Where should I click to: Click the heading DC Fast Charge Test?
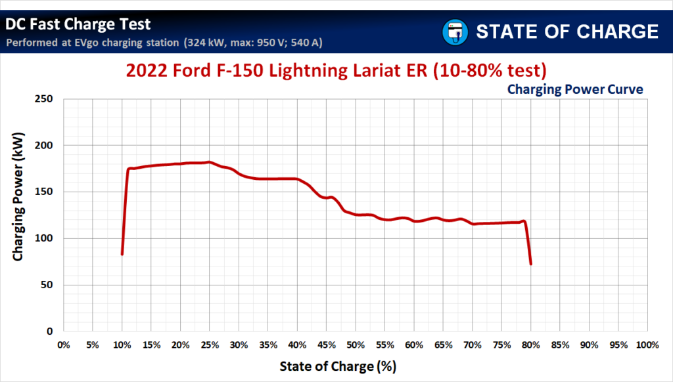[78, 24]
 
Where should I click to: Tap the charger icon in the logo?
[454, 31]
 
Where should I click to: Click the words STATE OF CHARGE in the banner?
[567, 31]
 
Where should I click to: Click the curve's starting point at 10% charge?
[122, 253]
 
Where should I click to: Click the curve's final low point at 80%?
[530, 263]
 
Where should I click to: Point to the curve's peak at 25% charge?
[209, 162]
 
